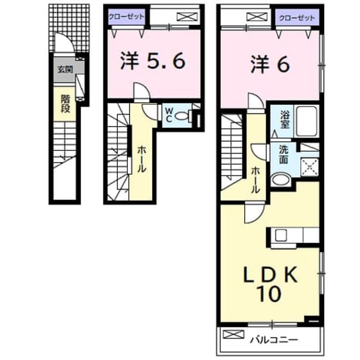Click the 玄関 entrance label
pos(65,69)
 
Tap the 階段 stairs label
pos(65,103)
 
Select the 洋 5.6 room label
pos(152,61)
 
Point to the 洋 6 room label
pos(270,65)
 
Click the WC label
pos(169,115)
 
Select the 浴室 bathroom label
pos(284,119)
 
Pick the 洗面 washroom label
pos(283,155)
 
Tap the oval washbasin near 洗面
pos(281,179)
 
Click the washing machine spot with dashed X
pos(309,166)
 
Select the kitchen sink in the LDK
pos(281,235)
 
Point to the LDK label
pos(271,274)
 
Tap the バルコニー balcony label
pos(274,340)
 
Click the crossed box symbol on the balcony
pos(233,334)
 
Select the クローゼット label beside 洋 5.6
pos(127,16)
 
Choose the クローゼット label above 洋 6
pos(297,17)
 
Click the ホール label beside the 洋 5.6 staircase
pos(141,159)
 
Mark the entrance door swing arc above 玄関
pos(66,39)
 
